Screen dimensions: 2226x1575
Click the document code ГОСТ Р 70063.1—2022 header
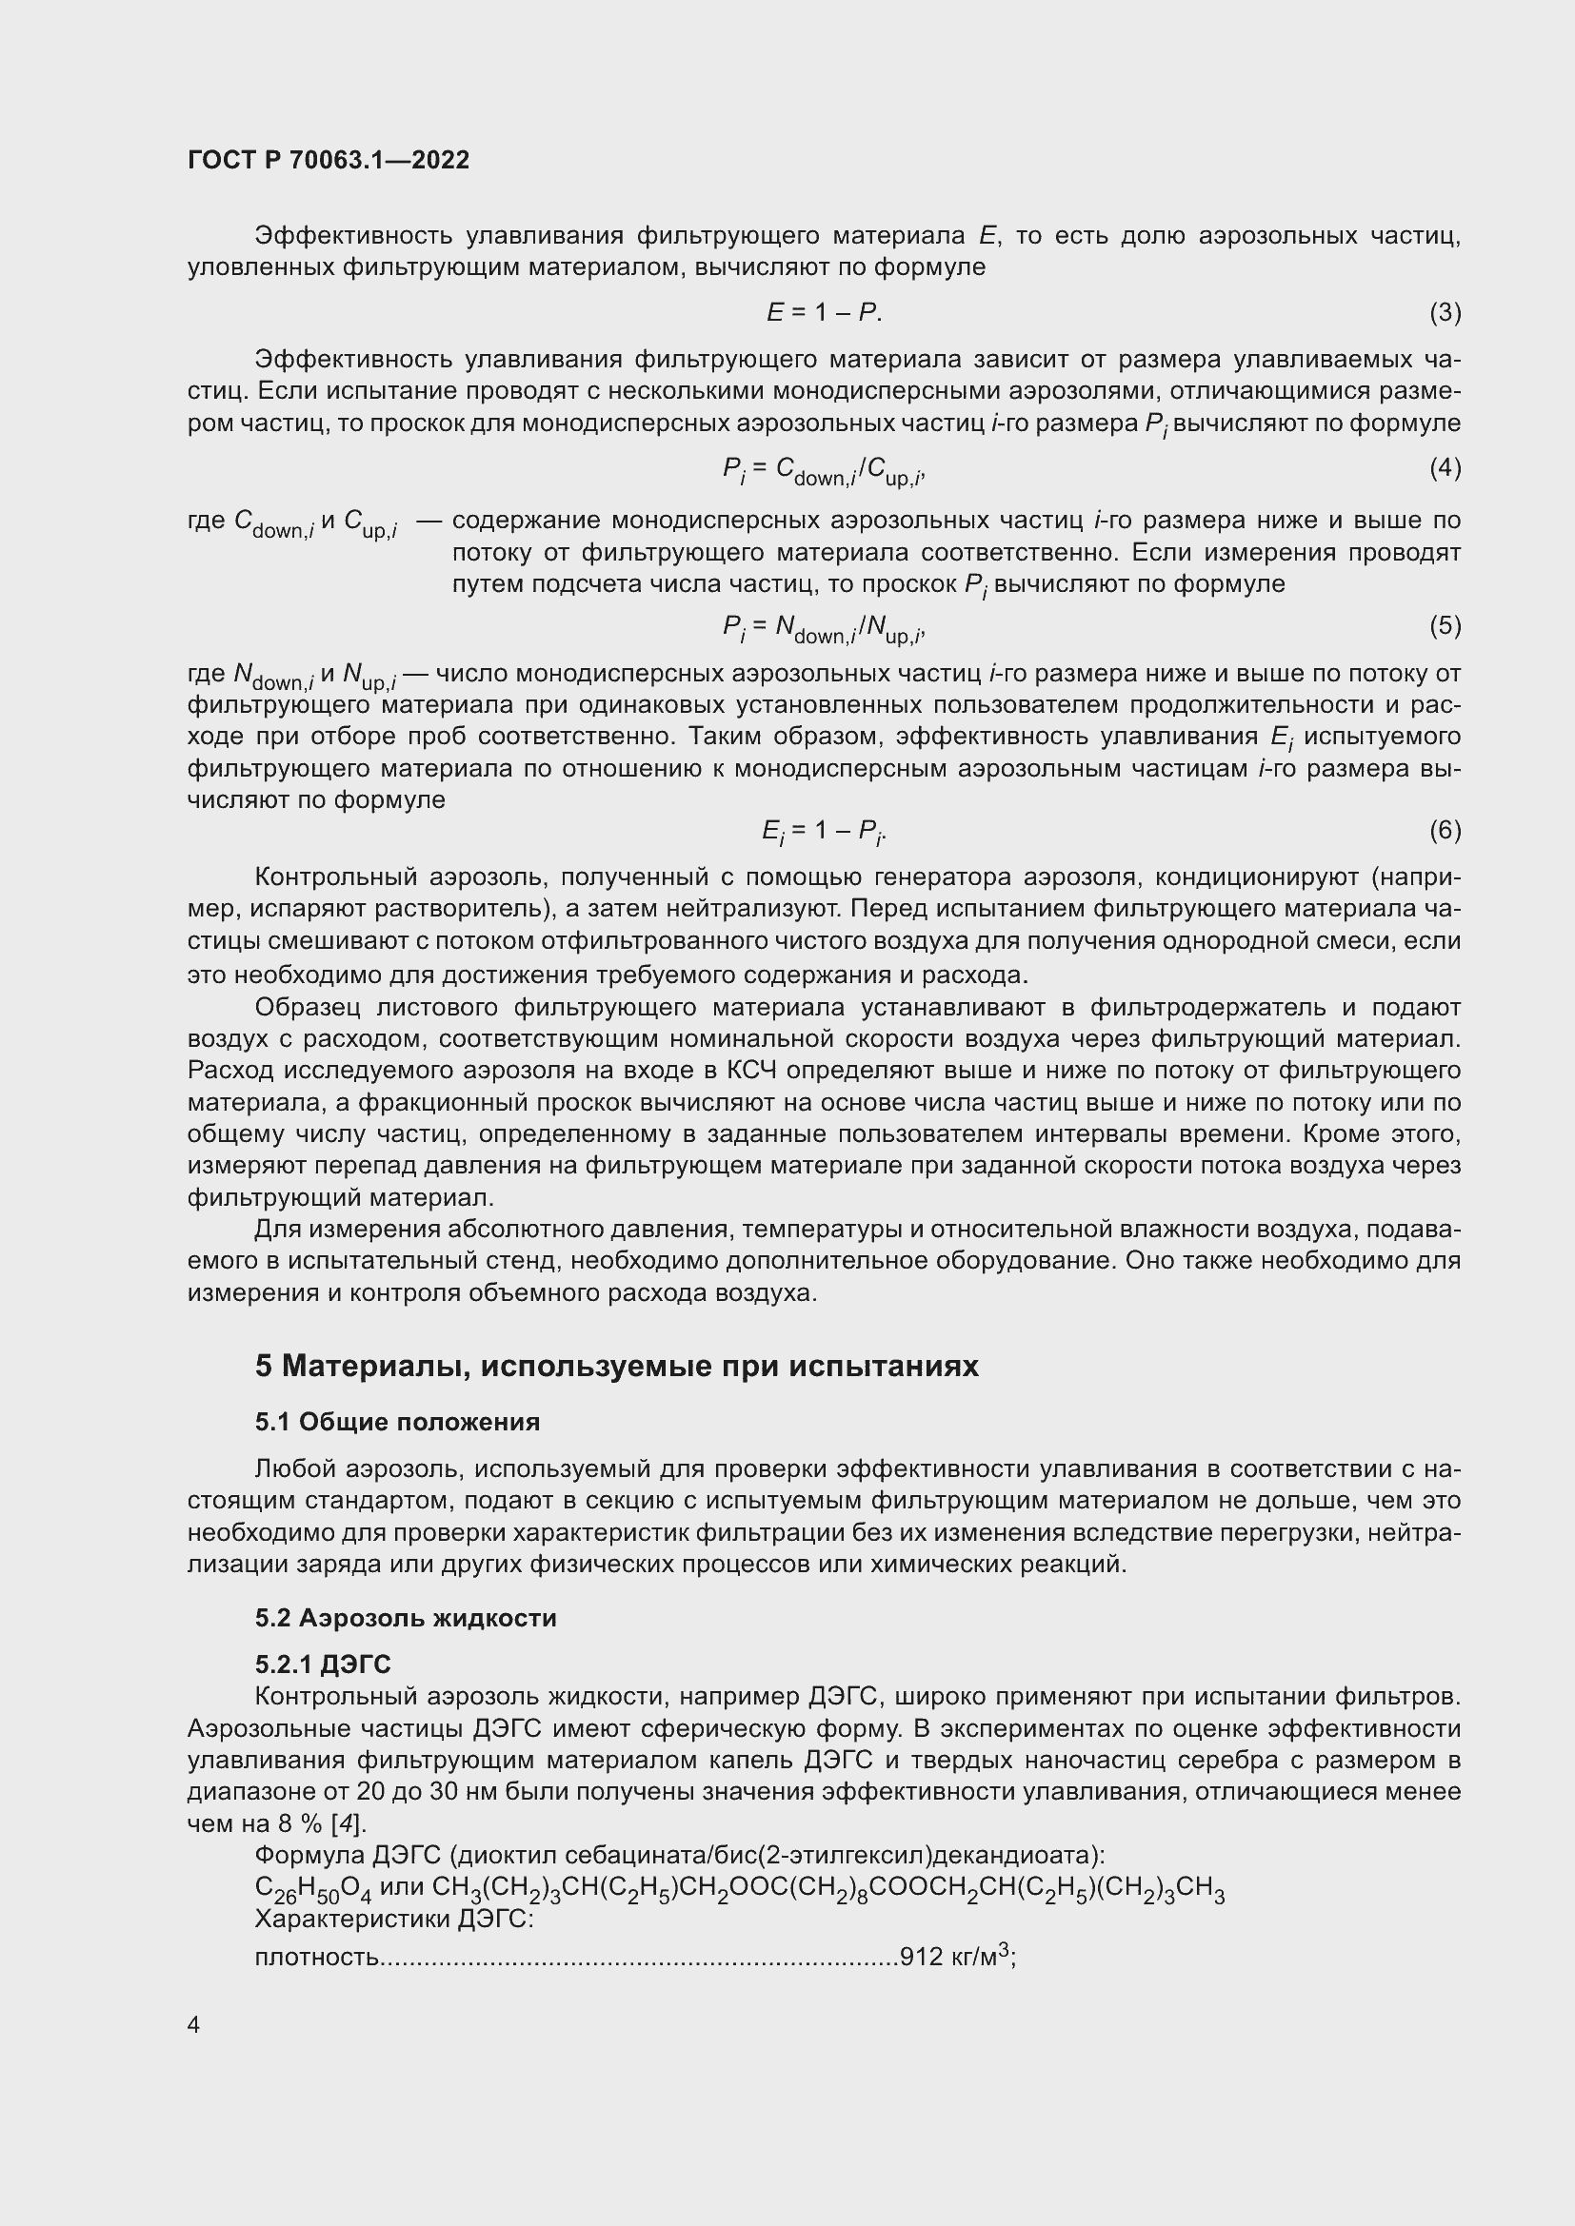(x=328, y=160)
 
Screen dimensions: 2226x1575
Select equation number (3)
(x=1445, y=312)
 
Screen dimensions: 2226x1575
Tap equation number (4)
(x=1445, y=468)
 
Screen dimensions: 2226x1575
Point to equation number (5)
(x=1445, y=625)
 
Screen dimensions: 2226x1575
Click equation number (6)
(x=1445, y=830)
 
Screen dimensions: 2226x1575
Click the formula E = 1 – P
(x=824, y=312)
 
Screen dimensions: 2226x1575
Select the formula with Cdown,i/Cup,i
(x=824, y=470)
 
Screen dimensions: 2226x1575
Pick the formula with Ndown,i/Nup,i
(x=824, y=628)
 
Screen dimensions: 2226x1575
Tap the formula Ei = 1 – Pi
(x=824, y=832)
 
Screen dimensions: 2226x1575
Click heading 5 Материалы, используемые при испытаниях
(x=617, y=1366)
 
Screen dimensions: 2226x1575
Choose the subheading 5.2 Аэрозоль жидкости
(x=406, y=1618)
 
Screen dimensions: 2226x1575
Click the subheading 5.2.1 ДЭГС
(x=323, y=1665)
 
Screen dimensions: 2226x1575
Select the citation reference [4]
(x=349, y=1823)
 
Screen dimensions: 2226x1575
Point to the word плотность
(x=316, y=1958)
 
